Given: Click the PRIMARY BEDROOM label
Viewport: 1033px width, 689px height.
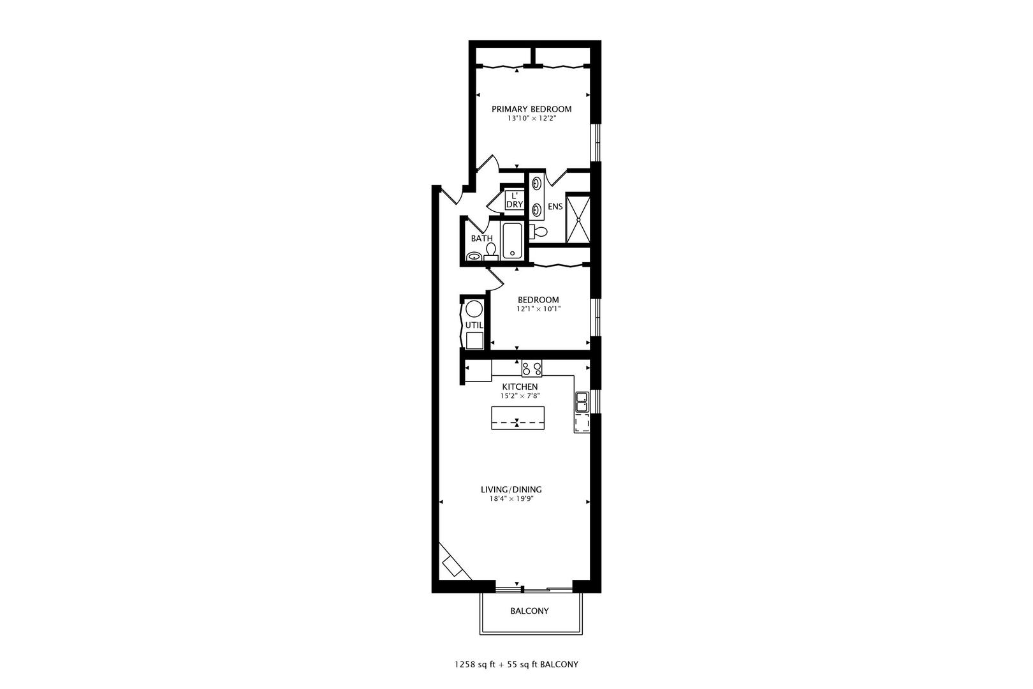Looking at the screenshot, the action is click(x=531, y=109).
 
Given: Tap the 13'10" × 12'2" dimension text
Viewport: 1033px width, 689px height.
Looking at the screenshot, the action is click(x=531, y=119).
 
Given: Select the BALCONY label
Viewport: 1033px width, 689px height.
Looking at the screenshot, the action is click(x=529, y=611).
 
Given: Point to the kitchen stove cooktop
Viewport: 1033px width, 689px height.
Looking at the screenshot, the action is click(x=532, y=369).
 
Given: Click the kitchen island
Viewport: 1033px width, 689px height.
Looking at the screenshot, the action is click(x=517, y=418).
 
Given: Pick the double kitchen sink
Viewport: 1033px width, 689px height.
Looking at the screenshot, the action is click(x=582, y=401).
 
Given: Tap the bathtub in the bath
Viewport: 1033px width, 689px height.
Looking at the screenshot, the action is click(x=512, y=241).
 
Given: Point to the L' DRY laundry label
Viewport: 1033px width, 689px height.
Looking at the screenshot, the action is click(x=514, y=200).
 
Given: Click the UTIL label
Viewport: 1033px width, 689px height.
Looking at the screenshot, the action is click(x=474, y=325).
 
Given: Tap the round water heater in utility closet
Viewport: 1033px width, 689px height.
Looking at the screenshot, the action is click(x=474, y=309).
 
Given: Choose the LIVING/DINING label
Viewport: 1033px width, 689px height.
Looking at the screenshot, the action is click(x=511, y=490).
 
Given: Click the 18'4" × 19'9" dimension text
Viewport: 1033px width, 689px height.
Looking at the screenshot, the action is click(x=511, y=499).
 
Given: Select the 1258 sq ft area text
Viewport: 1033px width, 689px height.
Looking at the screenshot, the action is click(x=475, y=665).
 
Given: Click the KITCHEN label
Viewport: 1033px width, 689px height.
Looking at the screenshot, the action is click(x=520, y=387).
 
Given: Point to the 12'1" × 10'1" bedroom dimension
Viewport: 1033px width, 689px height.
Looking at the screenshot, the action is click(x=538, y=309).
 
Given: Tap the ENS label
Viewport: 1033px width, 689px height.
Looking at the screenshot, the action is click(x=555, y=207).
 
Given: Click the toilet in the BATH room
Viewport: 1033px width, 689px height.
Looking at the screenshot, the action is click(x=491, y=252).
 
